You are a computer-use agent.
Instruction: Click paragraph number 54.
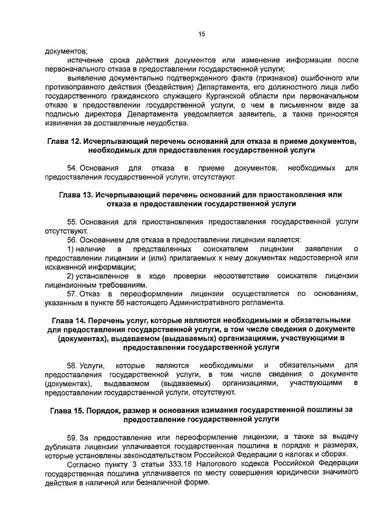point(72,168)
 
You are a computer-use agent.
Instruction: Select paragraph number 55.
point(72,222)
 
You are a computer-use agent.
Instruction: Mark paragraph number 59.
point(72,436)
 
